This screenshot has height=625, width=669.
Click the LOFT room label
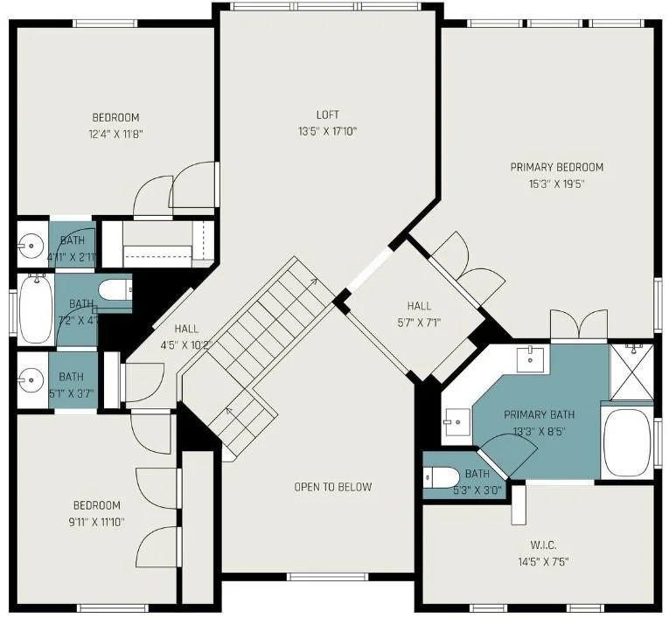click(x=328, y=115)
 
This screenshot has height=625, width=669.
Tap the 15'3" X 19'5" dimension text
click(x=556, y=184)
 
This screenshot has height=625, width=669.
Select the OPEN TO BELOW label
click(x=333, y=487)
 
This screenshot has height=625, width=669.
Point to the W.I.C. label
click(x=543, y=545)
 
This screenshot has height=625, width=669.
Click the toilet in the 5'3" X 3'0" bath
click(x=441, y=477)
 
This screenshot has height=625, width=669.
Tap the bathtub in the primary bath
click(x=627, y=442)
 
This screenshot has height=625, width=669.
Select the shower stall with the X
click(x=631, y=372)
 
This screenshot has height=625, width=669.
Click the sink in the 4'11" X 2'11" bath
click(x=31, y=245)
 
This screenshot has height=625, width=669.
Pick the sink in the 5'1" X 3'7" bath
click(x=31, y=379)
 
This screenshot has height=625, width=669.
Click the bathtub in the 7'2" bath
click(x=36, y=309)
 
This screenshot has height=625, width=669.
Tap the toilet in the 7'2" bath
click(x=115, y=290)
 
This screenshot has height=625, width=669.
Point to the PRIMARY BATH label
click(x=540, y=414)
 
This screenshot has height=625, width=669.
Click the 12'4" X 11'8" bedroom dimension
click(x=115, y=135)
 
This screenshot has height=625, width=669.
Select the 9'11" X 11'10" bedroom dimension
click(x=97, y=522)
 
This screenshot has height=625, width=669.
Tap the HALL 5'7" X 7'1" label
click(x=419, y=314)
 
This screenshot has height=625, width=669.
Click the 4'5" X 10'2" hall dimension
click(x=186, y=345)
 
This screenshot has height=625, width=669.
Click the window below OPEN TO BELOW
click(x=327, y=577)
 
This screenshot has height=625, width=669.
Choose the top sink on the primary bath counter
click(x=530, y=359)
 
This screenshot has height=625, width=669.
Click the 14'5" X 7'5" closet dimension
click(x=544, y=562)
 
